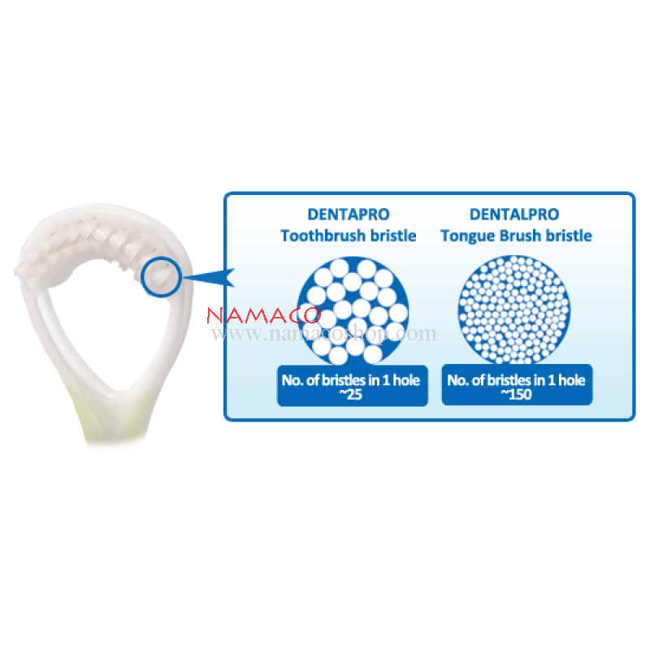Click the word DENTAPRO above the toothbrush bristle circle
(x=349, y=214)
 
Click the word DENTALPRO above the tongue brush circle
(x=514, y=214)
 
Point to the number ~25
(x=351, y=394)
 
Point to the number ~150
(x=516, y=394)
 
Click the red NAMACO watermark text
(x=263, y=315)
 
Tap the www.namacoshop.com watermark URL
(x=323, y=334)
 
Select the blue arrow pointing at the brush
(x=210, y=277)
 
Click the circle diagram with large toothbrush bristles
(x=353, y=311)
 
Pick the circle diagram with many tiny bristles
(x=514, y=310)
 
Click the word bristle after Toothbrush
(x=393, y=236)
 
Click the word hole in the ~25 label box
(x=406, y=380)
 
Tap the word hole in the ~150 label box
(x=572, y=380)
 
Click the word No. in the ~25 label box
(x=292, y=380)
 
